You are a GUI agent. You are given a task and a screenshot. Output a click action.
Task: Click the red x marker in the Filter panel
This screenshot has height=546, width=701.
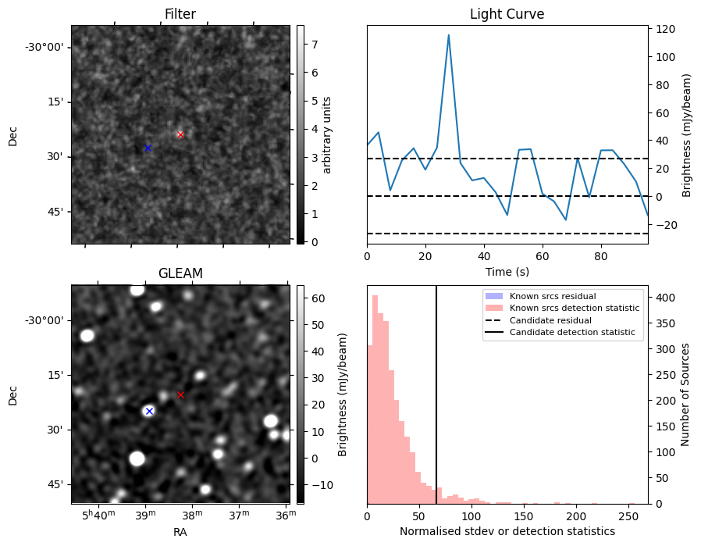point(180,134)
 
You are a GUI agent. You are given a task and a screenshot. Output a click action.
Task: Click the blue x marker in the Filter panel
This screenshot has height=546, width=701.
point(148,148)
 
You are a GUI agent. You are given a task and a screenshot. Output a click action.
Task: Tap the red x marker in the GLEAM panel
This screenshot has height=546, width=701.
point(180,394)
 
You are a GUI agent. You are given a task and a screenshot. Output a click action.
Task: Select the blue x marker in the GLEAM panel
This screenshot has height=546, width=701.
point(149,411)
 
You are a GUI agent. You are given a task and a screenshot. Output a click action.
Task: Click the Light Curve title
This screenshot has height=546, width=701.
point(507,14)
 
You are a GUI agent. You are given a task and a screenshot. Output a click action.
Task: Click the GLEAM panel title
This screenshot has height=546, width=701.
point(180,273)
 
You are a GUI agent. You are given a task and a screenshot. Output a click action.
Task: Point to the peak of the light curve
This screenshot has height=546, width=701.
point(449,35)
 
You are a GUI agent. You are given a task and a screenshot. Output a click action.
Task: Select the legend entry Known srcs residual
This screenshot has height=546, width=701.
point(552,297)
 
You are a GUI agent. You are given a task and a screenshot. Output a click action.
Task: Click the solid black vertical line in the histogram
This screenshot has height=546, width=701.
point(436,391)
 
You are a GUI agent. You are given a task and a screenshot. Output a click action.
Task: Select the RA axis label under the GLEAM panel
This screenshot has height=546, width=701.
point(180,532)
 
